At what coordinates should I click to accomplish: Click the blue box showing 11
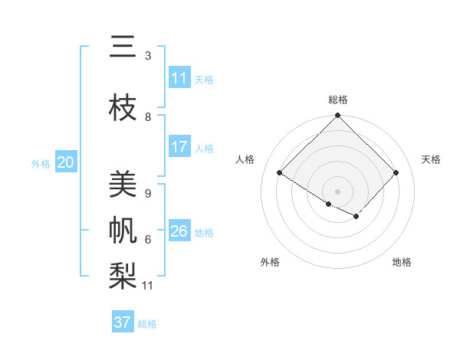pos(179,78)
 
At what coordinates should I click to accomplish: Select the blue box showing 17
pos(179,147)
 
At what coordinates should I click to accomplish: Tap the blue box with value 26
pos(179,231)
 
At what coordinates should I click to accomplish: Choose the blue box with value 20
pos(66,162)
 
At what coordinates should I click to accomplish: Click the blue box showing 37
pos(123,322)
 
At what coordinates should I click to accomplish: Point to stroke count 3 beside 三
pos(148,56)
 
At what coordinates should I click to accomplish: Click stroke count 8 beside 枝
pos(148,117)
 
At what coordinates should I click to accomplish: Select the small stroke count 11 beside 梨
pos(148,286)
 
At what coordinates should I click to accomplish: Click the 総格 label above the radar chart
pos(338,100)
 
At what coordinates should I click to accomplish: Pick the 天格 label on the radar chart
pos(431,159)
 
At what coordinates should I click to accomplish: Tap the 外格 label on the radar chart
pos(270,262)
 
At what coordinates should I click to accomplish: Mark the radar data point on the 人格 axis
pos(280,173)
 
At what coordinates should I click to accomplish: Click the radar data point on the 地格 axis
pos(356,217)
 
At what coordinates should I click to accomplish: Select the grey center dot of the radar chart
pos(337,191)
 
